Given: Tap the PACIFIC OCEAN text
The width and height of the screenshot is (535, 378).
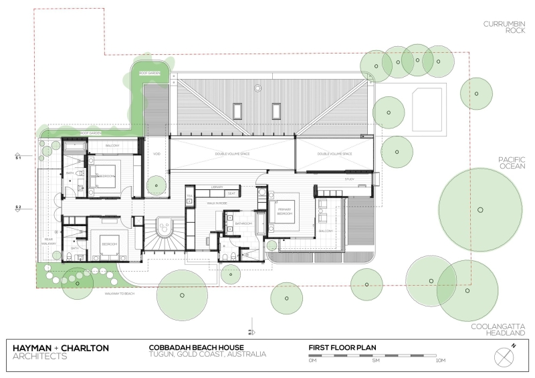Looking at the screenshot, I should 513,164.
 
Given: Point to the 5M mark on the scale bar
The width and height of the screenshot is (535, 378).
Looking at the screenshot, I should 375,361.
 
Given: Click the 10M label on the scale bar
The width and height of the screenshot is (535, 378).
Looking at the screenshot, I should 440,361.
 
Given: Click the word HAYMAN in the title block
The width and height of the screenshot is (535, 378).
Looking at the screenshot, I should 35,348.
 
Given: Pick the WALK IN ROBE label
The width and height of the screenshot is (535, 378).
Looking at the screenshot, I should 215,202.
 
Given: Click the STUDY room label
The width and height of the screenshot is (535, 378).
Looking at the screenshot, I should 350,179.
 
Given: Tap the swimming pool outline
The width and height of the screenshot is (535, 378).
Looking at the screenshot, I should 428,107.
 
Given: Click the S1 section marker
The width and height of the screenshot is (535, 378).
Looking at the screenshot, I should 18,158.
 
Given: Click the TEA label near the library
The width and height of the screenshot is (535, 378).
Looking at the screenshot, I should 189,196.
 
